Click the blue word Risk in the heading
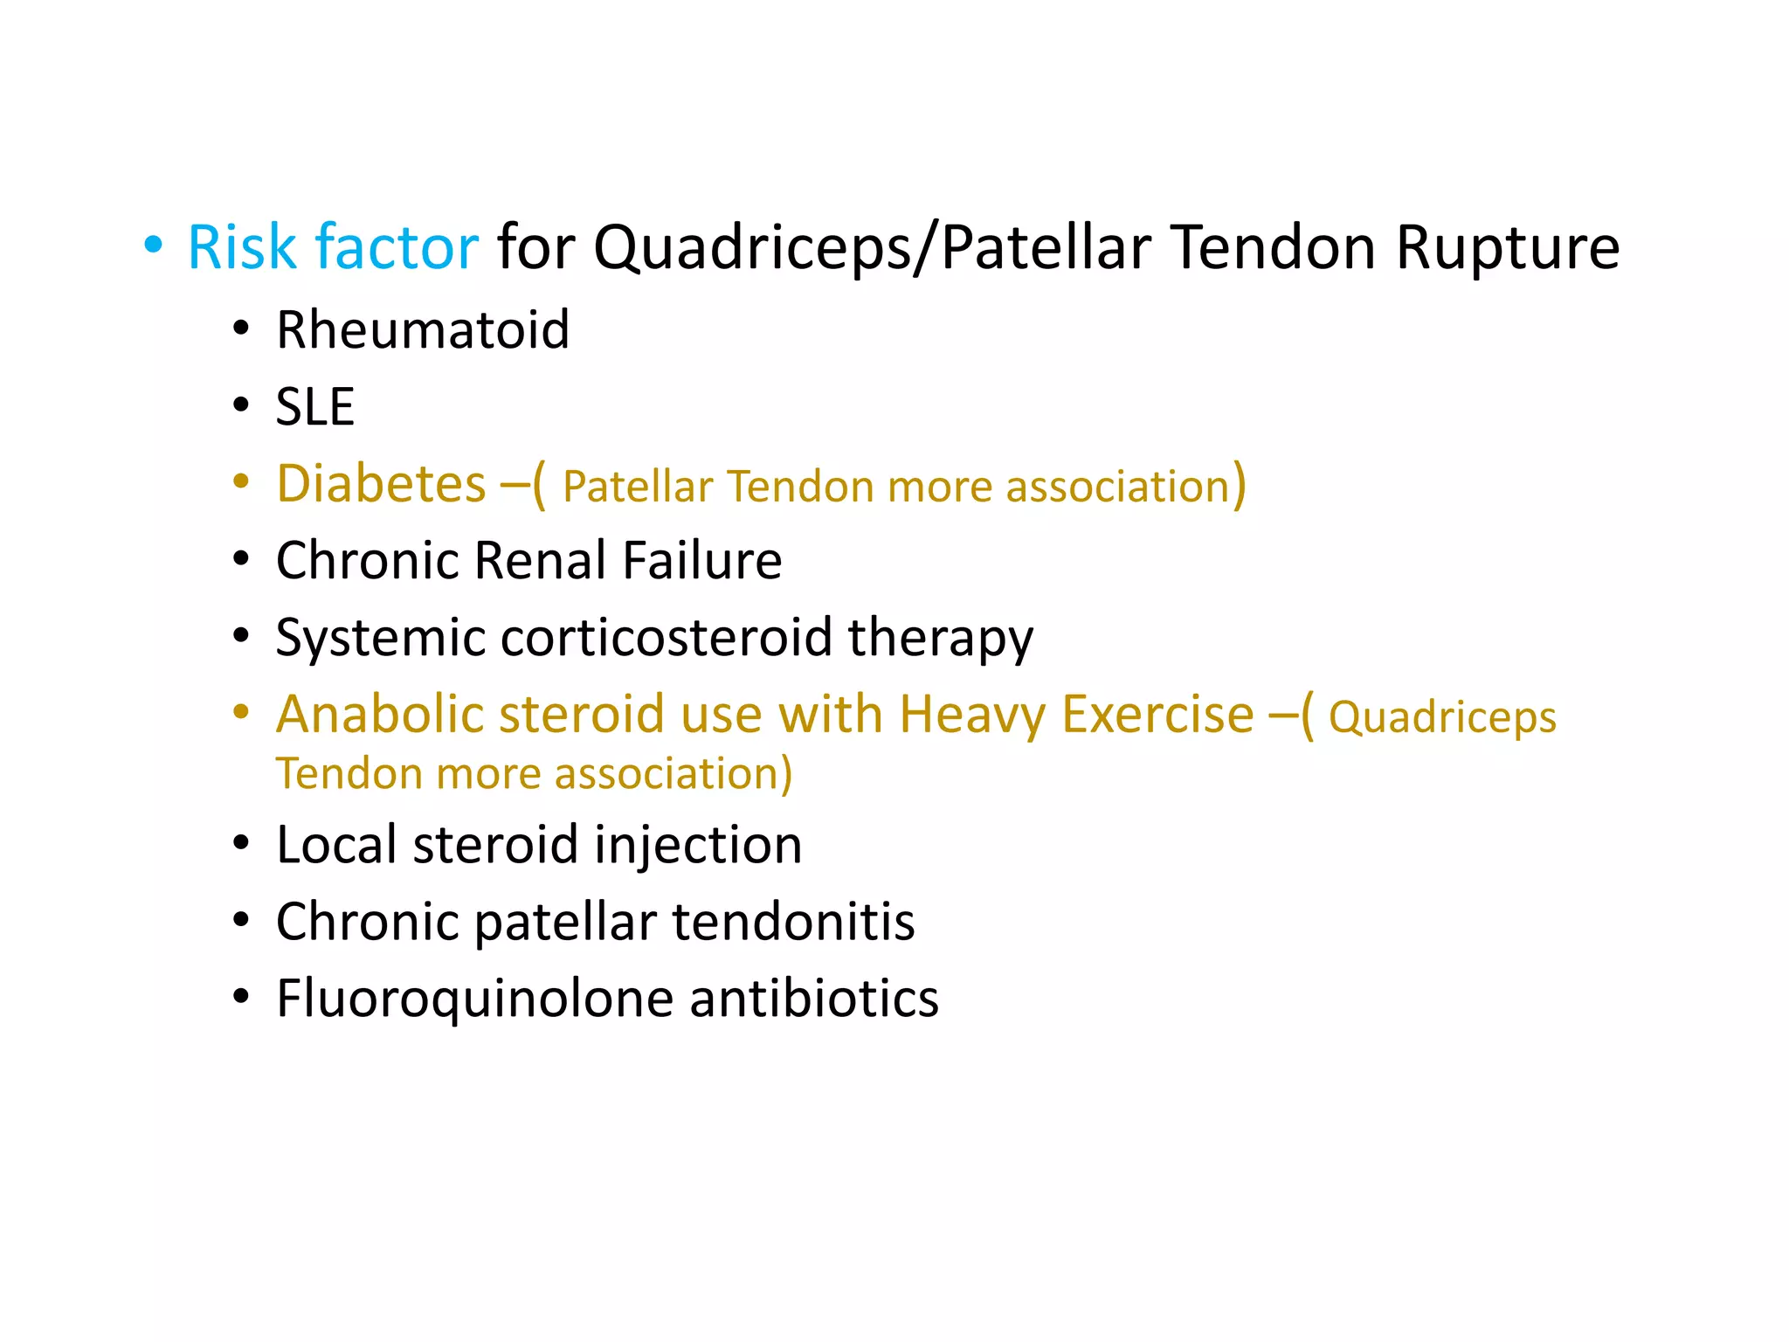tap(242, 247)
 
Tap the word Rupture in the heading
tap(1508, 247)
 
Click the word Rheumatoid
tap(423, 330)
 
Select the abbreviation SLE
tap(315, 407)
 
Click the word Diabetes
tap(381, 484)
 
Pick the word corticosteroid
tap(667, 637)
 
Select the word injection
tap(698, 845)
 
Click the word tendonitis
tap(793, 922)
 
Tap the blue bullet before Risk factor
tap(154, 246)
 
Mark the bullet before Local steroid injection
tap(241, 843)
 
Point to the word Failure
tap(702, 560)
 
